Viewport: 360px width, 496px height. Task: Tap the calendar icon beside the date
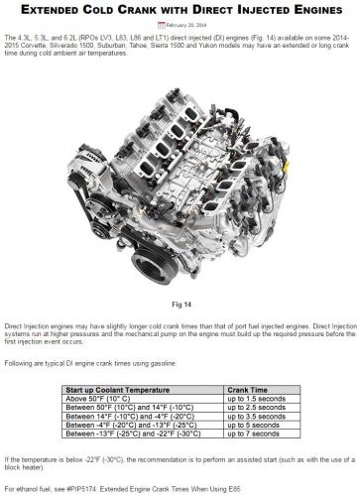pos(162,25)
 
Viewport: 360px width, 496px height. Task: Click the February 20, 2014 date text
pos(186,25)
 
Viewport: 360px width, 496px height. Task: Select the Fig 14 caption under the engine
pos(181,305)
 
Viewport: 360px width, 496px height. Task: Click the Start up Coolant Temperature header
pos(118,390)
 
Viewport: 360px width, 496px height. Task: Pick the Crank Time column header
pos(247,390)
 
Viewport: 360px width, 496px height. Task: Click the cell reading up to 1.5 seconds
pos(256,399)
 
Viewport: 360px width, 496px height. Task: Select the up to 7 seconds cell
pos(253,434)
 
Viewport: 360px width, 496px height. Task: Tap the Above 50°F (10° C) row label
pos(98,399)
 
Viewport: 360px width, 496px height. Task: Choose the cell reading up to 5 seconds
pos(253,425)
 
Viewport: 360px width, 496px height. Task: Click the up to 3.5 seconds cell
pos(256,417)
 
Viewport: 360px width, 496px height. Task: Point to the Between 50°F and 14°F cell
pos(130,408)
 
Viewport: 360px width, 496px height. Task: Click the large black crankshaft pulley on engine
pos(155,266)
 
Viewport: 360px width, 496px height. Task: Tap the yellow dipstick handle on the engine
pos(286,167)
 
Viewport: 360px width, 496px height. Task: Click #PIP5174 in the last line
pos(81,489)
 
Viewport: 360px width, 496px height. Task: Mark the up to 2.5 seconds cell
pos(256,408)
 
